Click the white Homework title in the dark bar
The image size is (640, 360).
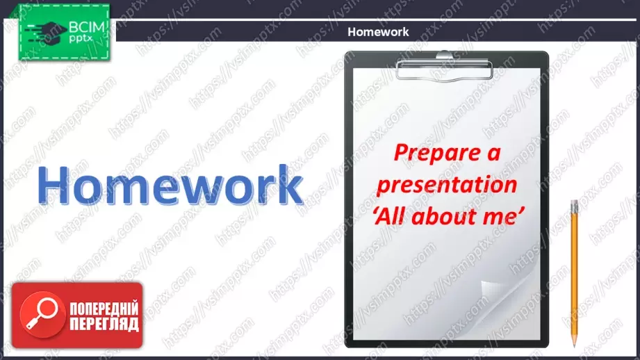tap(378, 32)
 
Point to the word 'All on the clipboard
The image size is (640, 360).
tap(391, 216)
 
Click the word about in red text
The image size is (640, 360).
tap(445, 216)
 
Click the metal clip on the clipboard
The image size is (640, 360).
tap(445, 67)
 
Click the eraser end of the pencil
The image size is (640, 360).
tap(574, 203)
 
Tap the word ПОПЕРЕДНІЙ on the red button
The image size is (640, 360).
tap(104, 309)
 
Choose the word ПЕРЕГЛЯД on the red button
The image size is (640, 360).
tap(104, 324)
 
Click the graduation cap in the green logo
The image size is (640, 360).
tap(49, 32)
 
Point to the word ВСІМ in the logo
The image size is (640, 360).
tap(87, 28)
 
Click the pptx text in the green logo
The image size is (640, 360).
tap(81, 39)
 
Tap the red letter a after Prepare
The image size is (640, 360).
tap(494, 154)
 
